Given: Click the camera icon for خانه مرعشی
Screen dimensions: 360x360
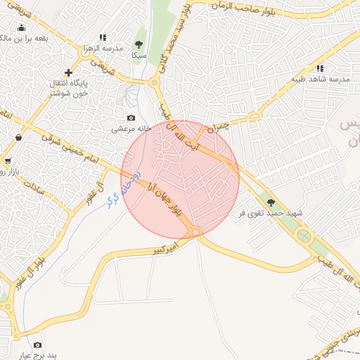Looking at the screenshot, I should coord(131,118).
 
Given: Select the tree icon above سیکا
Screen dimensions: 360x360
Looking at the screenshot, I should coord(139,44).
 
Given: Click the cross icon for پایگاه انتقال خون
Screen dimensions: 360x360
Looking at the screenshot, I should coord(68,72).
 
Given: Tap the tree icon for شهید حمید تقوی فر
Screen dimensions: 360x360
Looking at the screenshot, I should coord(271,203).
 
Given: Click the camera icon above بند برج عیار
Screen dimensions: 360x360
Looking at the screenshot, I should coord(37,345).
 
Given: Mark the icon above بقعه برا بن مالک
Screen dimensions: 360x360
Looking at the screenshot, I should coord(21,28).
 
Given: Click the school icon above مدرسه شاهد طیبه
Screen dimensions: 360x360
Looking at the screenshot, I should coord(321,68).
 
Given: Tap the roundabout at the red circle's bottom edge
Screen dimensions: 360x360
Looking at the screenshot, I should coord(196,231).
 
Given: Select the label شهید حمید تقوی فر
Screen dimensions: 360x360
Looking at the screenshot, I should coord(271,213).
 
